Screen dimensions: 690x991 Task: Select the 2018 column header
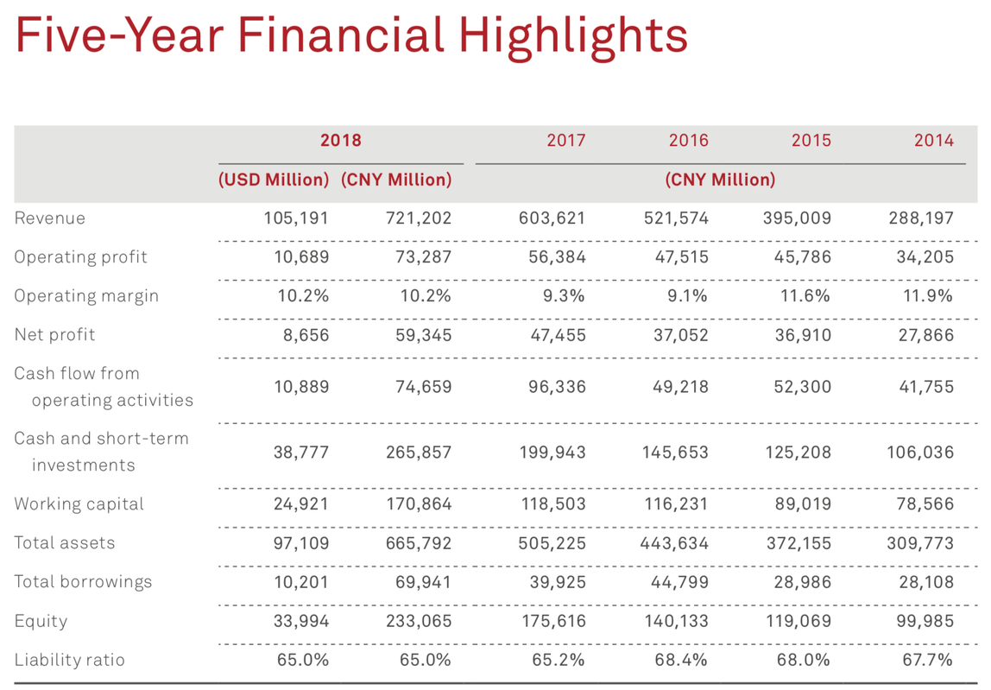[x=340, y=140]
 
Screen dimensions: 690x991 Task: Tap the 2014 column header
[x=934, y=140]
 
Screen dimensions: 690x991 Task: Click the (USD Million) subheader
[x=274, y=180]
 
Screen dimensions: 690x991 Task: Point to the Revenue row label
[x=50, y=218]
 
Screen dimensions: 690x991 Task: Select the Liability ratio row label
[x=69, y=660]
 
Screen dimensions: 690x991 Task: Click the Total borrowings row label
[x=83, y=581]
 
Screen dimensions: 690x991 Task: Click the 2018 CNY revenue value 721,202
[x=419, y=218]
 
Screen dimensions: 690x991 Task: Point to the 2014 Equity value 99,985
[x=925, y=621]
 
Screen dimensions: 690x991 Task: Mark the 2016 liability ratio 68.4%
[x=683, y=660]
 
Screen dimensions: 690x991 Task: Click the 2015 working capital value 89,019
[x=803, y=503]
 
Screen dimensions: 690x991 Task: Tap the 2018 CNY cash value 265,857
[x=419, y=452]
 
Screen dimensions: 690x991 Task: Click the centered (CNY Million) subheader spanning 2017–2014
[x=720, y=180]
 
